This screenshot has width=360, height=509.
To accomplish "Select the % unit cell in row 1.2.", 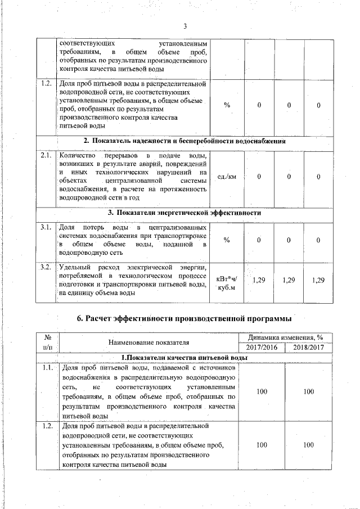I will click(x=227, y=106).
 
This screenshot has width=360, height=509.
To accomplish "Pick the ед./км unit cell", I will click(x=227, y=177).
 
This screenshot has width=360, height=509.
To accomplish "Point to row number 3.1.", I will click(x=46, y=227).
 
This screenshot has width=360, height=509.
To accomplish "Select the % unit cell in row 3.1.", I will click(x=227, y=241).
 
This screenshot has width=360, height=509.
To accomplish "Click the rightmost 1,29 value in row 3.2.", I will click(x=318, y=280).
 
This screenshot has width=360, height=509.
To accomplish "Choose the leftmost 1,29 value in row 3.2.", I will click(x=259, y=280).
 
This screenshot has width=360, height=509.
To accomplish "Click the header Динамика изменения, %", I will click(x=287, y=337).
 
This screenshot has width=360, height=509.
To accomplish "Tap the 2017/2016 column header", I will click(x=262, y=348).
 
